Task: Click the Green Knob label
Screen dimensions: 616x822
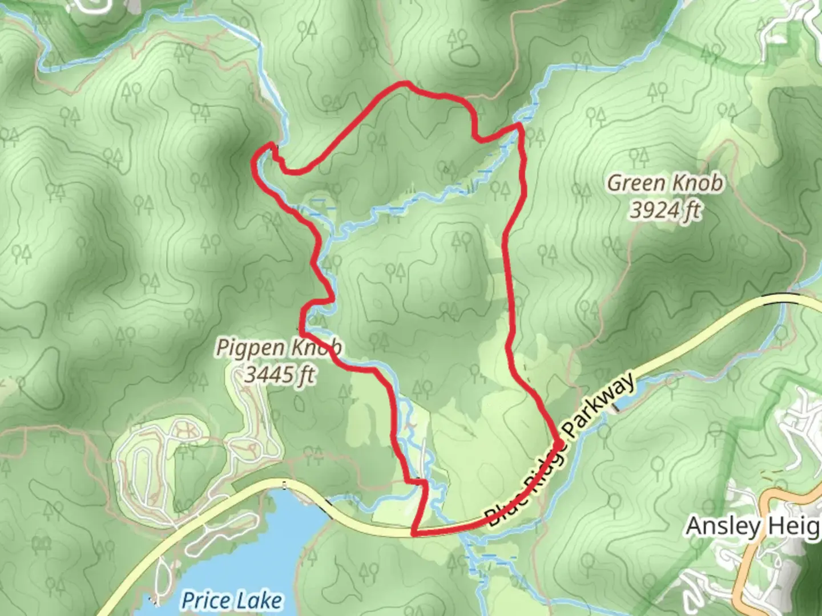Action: pyautogui.click(x=665, y=184)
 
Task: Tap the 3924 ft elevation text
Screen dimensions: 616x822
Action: pyautogui.click(x=665, y=210)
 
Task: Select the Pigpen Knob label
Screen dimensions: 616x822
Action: pyautogui.click(x=279, y=348)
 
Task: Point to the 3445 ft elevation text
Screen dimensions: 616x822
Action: pyautogui.click(x=280, y=375)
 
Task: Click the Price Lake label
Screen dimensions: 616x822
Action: pyautogui.click(x=231, y=601)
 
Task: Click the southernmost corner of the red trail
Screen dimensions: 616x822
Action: pyautogui.click(x=413, y=534)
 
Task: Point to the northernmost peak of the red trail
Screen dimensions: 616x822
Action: pyautogui.click(x=405, y=83)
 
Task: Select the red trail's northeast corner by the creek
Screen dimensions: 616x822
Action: pyautogui.click(x=518, y=124)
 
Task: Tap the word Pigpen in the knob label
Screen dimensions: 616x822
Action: pyautogui.click(x=252, y=348)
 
